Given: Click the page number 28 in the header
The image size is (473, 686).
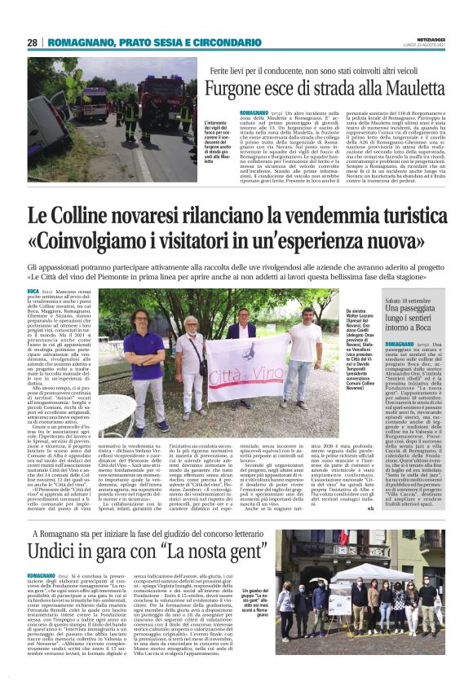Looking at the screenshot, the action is [32, 42].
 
